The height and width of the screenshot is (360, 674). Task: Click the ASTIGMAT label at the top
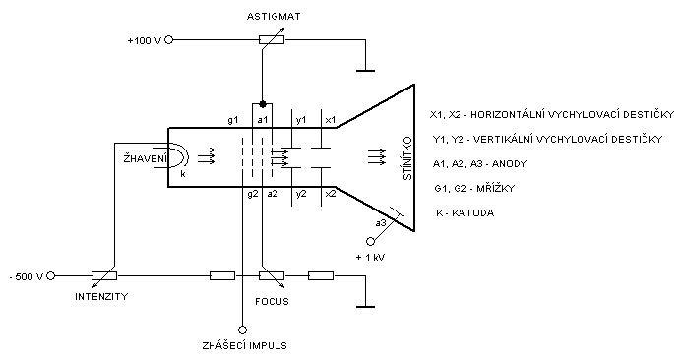point(274,17)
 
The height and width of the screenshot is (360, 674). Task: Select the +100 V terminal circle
point(169,40)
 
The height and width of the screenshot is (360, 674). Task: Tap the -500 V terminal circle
point(51,275)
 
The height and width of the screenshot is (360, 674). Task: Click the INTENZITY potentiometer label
point(101,296)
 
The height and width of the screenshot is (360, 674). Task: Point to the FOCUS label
point(272,301)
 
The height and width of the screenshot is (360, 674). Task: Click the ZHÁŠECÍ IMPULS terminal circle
point(242,330)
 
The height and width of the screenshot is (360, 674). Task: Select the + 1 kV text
point(370,258)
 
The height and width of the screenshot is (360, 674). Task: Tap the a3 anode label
point(381,223)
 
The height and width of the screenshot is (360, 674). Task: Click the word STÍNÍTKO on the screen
point(407,158)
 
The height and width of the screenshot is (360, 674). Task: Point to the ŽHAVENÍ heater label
point(145,158)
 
